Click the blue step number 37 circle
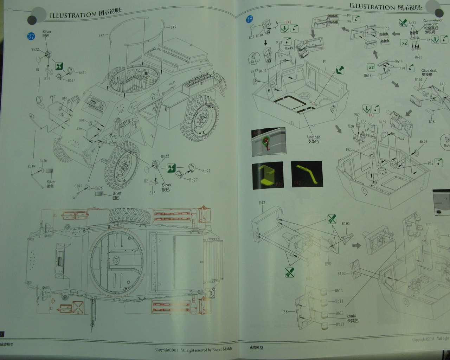coord(31,36)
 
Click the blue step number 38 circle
coord(249,19)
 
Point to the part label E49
coord(173,27)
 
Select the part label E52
coord(101,36)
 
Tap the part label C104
coord(32,166)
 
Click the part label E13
coord(152,193)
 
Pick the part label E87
coord(53,97)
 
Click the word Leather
coord(313,137)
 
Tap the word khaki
coord(351,316)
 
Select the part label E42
coord(262,202)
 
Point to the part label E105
coord(346,223)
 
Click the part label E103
coord(342,273)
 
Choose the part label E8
coord(285,311)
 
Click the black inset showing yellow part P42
coord(306,175)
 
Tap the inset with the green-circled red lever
coord(268,142)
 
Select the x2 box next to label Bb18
coord(371,67)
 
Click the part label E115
coord(385,28)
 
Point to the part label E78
coord(431,122)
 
